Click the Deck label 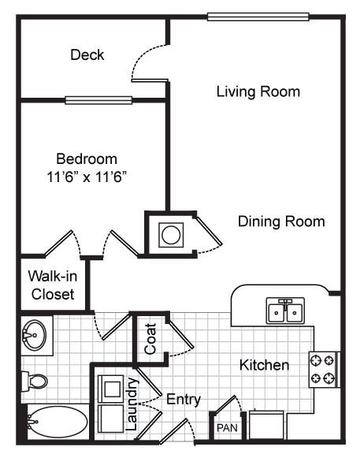coord(87,54)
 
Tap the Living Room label coord(258,91)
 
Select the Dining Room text coord(281,222)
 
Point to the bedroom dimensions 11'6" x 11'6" coord(87,177)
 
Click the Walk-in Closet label coord(51,285)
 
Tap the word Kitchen coord(264,365)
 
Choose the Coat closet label coord(150,338)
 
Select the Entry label coord(183,400)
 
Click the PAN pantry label coord(226,428)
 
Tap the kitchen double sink coord(285,311)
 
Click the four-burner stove coord(323,369)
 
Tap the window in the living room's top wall coord(258,17)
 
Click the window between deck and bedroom coord(98,100)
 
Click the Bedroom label coord(87,158)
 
